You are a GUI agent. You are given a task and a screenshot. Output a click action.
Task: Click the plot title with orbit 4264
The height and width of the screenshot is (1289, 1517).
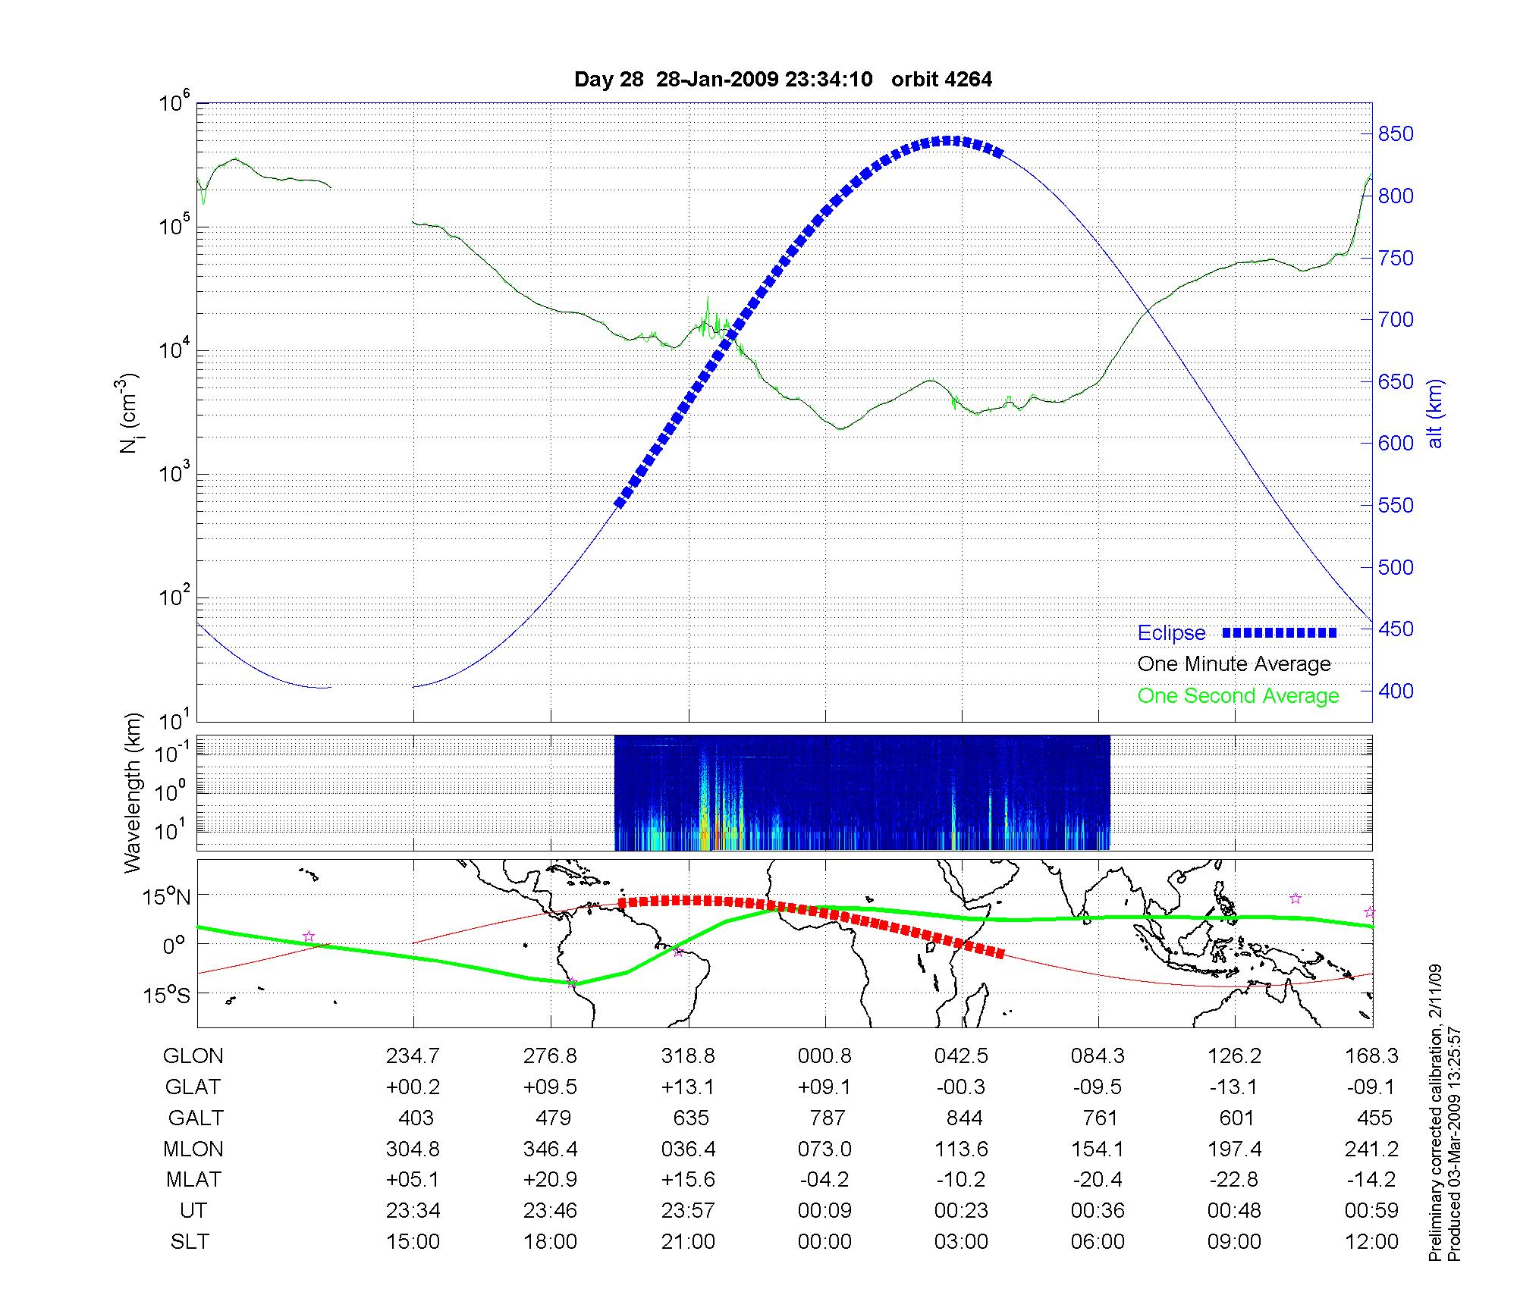click(x=783, y=80)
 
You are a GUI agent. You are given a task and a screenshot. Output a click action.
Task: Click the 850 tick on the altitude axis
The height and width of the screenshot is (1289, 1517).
click(x=1396, y=134)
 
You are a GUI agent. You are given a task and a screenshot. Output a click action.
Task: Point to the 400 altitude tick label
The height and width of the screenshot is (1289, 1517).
click(x=1396, y=691)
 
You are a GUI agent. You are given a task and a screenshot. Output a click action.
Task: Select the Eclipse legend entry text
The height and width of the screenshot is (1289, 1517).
click(x=1171, y=633)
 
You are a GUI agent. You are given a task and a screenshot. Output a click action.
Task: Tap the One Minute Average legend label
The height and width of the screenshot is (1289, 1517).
click(x=1234, y=664)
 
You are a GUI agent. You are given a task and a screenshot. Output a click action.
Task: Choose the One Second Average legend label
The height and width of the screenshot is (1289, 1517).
click(x=1238, y=695)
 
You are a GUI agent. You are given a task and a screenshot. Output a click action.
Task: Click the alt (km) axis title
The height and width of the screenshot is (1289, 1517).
click(x=1435, y=413)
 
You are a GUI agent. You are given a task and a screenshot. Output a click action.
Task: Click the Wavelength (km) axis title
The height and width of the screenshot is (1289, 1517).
click(x=133, y=792)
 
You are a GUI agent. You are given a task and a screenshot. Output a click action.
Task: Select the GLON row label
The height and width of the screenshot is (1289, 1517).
click(x=193, y=1055)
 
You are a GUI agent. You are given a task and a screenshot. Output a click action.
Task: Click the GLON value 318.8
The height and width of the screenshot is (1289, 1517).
click(x=688, y=1055)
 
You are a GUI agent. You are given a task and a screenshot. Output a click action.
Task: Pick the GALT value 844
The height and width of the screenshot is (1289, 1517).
click(x=964, y=1118)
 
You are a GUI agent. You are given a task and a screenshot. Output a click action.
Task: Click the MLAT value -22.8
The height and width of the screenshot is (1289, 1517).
click(x=1234, y=1180)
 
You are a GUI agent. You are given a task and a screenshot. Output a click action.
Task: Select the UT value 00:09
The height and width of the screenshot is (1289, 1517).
click(x=824, y=1211)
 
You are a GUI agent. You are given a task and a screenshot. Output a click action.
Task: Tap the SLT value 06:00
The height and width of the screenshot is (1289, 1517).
click(x=1098, y=1242)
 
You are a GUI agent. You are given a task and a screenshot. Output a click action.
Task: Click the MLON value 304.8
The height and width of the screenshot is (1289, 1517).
click(x=413, y=1149)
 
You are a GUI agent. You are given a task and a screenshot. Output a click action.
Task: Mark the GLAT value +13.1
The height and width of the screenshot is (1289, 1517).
click(x=687, y=1087)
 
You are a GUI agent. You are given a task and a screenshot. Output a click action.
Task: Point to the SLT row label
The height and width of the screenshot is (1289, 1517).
click(x=190, y=1242)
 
